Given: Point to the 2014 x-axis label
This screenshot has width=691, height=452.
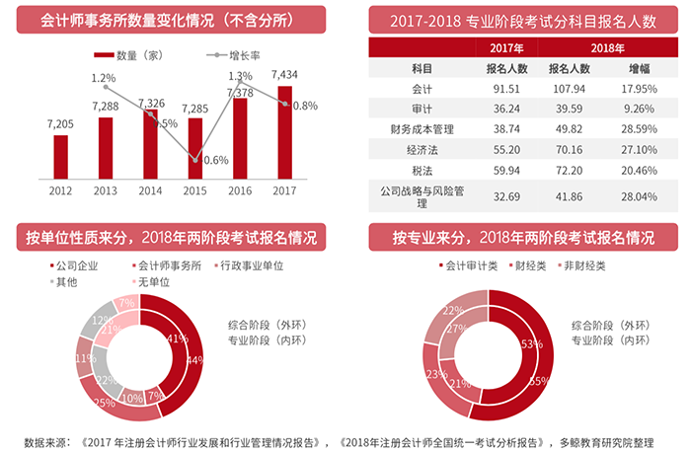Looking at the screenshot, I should click(x=150, y=190).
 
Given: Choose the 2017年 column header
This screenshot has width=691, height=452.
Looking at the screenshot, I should click(x=505, y=47).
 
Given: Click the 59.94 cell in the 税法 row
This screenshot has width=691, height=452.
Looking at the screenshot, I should click(x=505, y=169).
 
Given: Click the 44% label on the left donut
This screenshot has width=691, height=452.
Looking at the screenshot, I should click(x=195, y=359).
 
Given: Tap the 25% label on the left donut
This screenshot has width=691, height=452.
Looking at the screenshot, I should click(x=105, y=402).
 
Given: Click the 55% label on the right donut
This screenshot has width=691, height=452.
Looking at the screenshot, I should click(x=539, y=380).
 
